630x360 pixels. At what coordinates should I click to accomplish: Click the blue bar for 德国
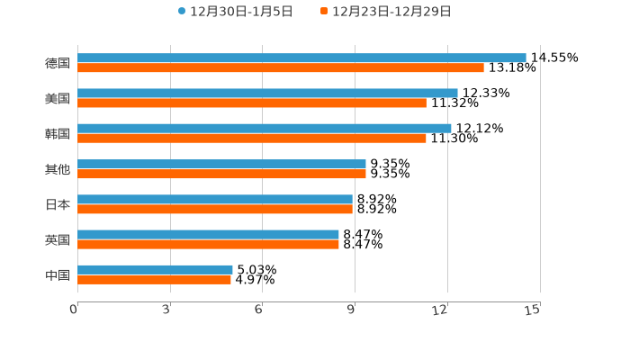301,58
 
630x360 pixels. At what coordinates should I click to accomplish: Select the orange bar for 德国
281,67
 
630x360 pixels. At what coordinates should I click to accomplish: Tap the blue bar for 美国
267,93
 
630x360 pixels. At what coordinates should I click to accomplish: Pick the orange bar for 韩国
252,138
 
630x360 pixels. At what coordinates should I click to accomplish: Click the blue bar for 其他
221,164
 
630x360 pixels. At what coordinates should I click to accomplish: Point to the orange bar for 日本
215,209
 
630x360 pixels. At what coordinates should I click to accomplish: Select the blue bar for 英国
208,234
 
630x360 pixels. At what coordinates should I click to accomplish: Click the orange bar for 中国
154,279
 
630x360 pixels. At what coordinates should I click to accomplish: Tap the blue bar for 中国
155,269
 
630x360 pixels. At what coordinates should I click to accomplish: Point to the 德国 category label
58,63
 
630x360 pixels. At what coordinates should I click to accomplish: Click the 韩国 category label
58,133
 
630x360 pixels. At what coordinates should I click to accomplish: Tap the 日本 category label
58,204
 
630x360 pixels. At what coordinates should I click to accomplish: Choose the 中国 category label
58,274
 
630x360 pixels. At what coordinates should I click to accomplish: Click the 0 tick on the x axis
75,310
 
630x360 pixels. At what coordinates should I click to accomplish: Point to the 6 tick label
258,310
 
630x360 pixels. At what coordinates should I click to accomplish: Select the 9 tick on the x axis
351,310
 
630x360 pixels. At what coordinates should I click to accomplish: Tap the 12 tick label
441,310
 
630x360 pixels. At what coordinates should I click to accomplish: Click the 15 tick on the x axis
533,310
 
